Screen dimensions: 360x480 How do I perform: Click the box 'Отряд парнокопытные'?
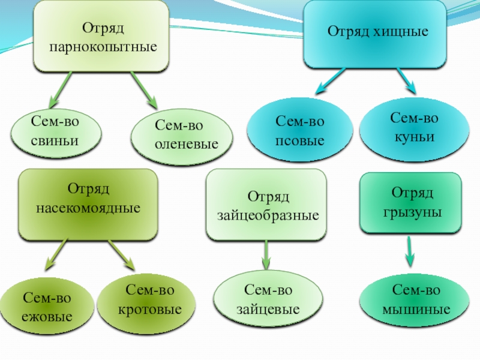click(100, 36)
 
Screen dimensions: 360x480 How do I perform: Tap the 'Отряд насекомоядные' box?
click(88, 202)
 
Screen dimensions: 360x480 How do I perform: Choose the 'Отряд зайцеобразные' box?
click(267, 205)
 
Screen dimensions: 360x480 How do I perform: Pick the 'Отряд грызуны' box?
click(410, 202)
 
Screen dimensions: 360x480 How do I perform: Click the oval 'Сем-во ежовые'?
click(47, 307)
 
